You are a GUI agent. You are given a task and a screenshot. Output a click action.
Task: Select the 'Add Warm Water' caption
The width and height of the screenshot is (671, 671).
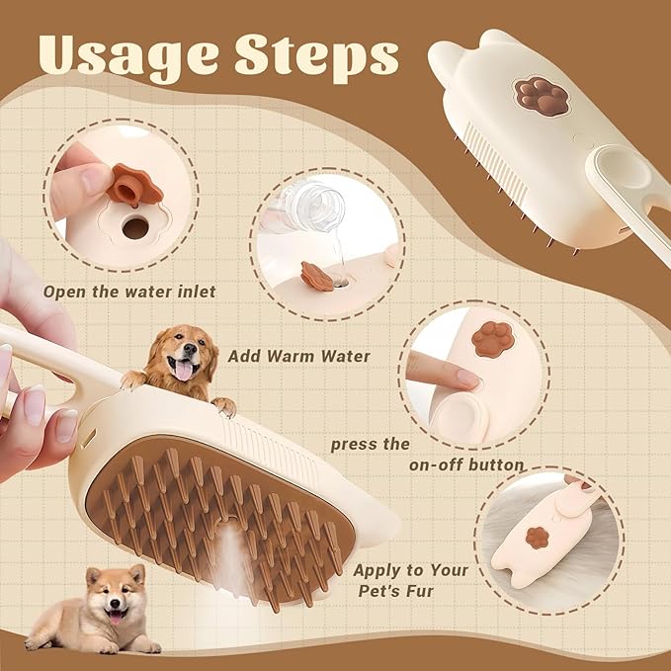click(x=285, y=356)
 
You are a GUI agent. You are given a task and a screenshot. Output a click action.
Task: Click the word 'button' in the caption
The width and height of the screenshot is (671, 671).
click(x=490, y=465)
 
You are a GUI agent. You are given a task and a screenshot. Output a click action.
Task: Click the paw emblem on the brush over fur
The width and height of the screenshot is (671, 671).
click(x=538, y=538)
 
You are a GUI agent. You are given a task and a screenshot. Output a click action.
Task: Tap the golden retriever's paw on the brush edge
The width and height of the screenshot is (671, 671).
click(x=224, y=405)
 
